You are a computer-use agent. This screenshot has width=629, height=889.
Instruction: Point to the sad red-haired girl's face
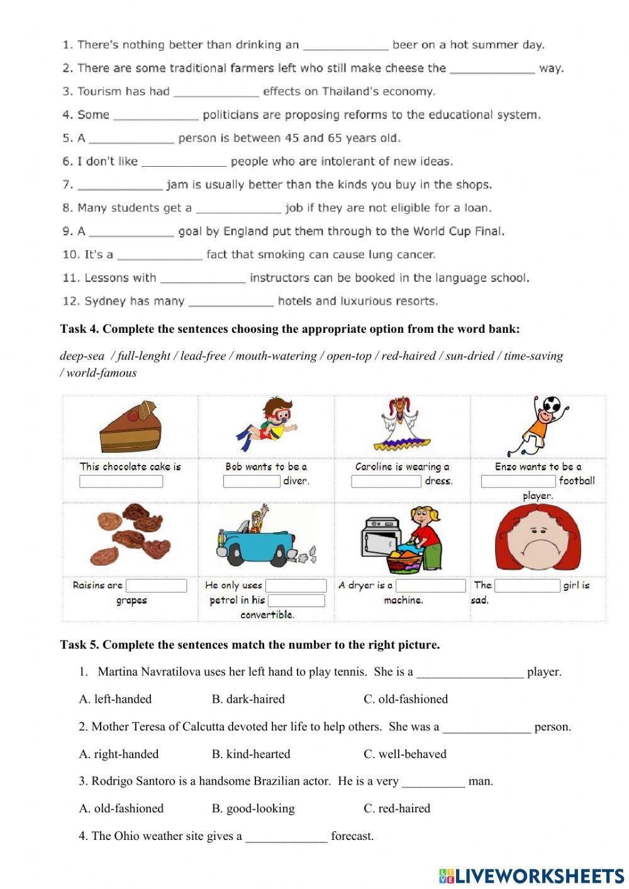pos(538,540)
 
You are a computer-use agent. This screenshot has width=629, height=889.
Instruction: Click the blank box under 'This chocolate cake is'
pos(121,481)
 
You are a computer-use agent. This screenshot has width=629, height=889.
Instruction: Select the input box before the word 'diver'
pos(252,481)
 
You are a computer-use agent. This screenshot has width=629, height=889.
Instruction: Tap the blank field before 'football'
pos(518,481)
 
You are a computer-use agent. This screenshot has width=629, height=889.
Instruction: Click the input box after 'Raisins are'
pos(156,586)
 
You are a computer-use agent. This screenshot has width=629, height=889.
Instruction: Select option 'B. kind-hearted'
pos(251,754)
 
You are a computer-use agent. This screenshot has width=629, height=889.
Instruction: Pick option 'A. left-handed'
pos(115,699)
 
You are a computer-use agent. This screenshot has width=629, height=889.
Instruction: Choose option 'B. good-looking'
pos(253,808)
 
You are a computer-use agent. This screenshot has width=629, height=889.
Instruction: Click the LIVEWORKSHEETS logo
pos(532,875)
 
